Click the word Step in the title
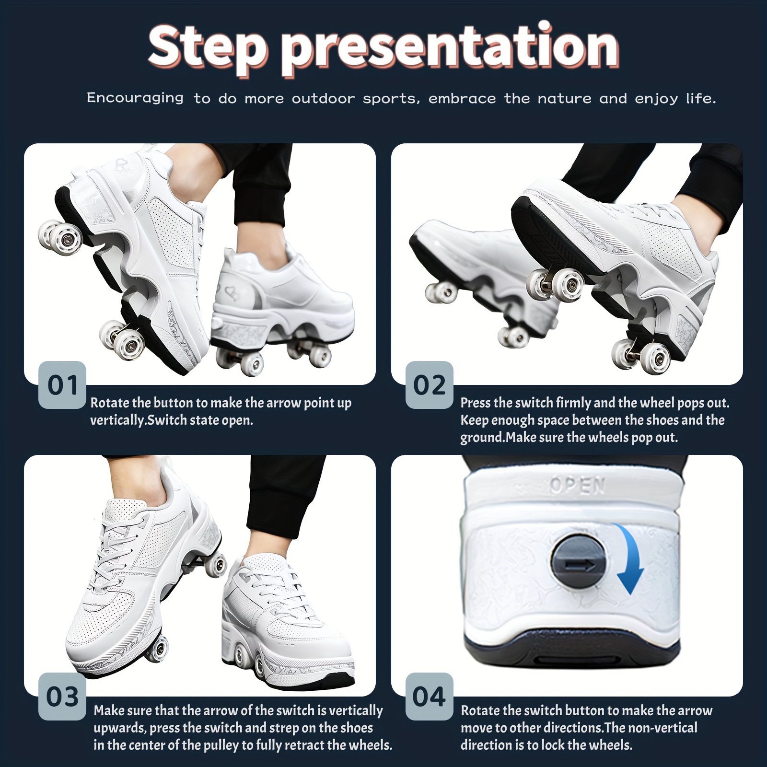tap(207, 48)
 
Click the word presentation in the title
tap(449, 48)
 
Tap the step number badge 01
tap(62, 385)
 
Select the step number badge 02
tap(429, 385)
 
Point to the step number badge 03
tap(62, 696)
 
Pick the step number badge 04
tap(429, 696)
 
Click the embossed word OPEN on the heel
tap(577, 486)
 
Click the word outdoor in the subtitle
tap(324, 99)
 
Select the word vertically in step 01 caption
tap(117, 420)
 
